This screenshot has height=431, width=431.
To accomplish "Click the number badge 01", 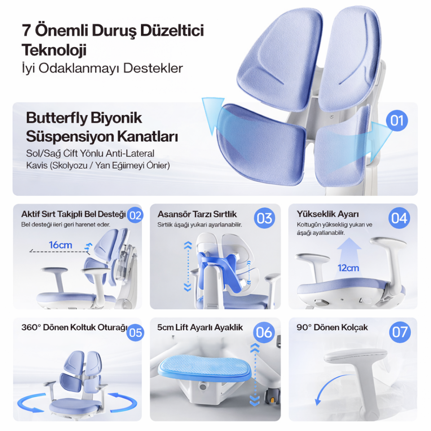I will point(397,121).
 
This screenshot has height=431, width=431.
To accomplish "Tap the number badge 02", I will point(135,215).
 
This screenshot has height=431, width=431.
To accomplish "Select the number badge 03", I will point(264,218).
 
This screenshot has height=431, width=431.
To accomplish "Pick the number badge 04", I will point(399,218).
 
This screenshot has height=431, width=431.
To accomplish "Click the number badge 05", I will point(135,333).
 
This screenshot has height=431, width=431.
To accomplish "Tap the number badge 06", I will point(264,332).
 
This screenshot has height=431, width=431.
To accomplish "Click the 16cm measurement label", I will point(61,245).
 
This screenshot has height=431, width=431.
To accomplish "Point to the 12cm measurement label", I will point(348,268).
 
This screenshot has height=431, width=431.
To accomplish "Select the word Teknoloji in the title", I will point(54,50).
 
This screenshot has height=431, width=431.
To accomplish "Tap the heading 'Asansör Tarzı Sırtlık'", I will point(197,214).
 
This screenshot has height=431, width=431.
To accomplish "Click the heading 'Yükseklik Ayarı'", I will point(328,214).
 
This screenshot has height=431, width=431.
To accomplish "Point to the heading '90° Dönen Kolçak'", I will point(332,327).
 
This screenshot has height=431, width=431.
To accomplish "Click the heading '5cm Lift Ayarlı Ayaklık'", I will point(200,327).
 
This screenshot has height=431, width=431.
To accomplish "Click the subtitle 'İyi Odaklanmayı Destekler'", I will point(102,68).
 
